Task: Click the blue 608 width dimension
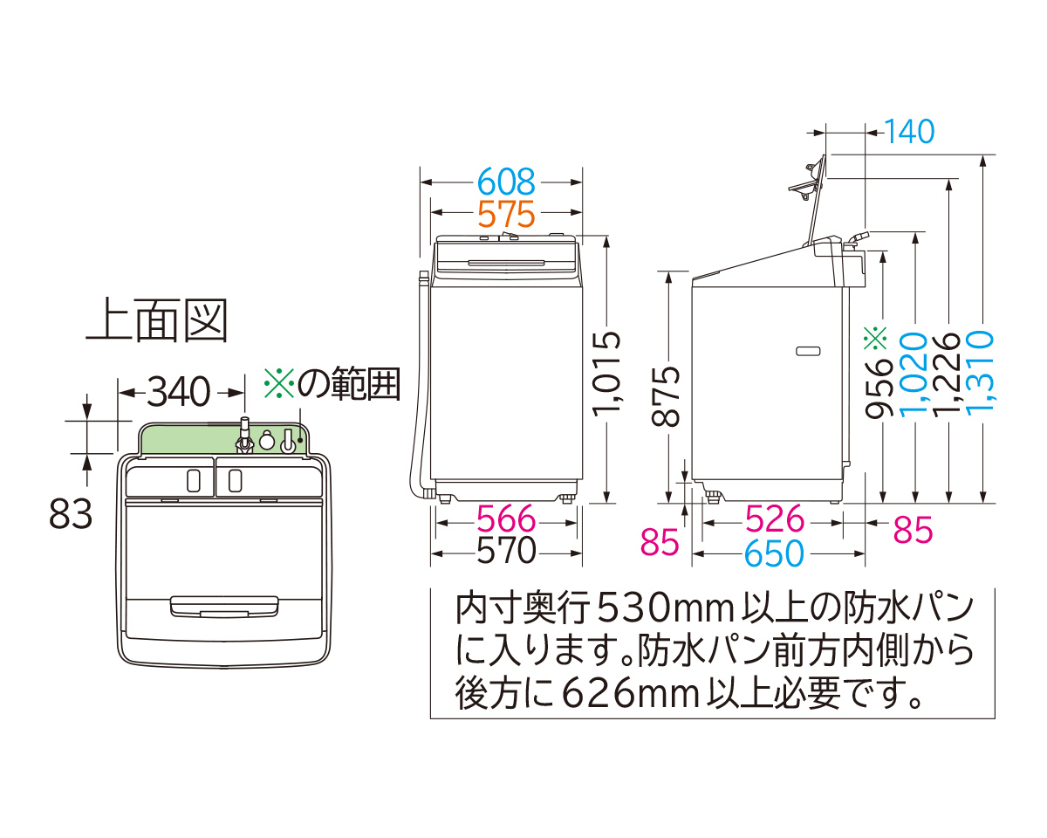[506, 182]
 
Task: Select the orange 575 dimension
[506, 214]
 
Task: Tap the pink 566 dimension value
[506, 519]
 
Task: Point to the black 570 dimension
[506, 551]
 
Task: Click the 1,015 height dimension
[606, 374]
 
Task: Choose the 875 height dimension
[666, 396]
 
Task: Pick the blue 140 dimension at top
[909, 132]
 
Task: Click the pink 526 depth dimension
[775, 519]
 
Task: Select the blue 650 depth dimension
[774, 553]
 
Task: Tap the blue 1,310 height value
[979, 373]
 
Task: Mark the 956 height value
[879, 388]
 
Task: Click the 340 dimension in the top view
[179, 392]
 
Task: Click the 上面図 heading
[157, 320]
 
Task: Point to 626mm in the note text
[632, 693]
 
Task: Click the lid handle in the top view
[224, 607]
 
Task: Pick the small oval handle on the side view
[808, 351]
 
